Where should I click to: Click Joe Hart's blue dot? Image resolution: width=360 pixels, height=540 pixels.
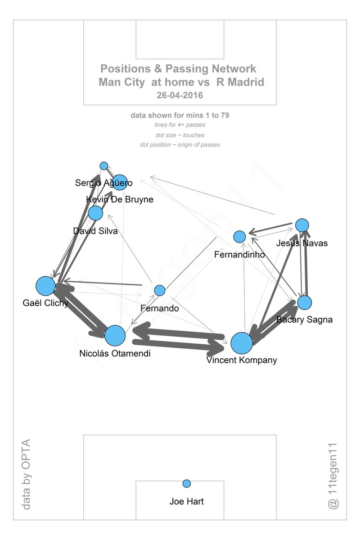tap(187, 483)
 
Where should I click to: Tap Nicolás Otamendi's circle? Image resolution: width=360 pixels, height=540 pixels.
tap(115, 335)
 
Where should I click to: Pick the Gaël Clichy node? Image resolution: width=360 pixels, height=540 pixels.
tap(45, 286)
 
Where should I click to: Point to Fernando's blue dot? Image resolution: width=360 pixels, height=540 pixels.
tap(160, 290)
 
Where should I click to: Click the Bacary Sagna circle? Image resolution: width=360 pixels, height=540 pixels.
tap(304, 302)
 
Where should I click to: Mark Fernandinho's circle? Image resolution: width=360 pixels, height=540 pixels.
tap(239, 236)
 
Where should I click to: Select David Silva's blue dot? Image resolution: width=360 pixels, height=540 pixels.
tap(95, 213)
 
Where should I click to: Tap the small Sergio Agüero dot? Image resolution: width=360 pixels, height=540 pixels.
tap(104, 166)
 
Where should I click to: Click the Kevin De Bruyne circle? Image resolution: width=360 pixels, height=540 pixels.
tap(120, 182)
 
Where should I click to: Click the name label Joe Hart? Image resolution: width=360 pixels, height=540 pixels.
tap(187, 501)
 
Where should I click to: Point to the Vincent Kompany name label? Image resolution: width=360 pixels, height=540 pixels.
tap(242, 360)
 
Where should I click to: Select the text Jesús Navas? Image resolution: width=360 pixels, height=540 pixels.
tap(302, 243)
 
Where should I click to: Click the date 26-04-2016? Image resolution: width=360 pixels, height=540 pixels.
tap(180, 95)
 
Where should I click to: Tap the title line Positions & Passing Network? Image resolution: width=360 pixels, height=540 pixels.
tap(178, 69)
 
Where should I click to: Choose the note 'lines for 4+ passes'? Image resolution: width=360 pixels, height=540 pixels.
tap(180, 125)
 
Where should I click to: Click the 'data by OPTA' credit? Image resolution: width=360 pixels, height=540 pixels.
tap(27, 474)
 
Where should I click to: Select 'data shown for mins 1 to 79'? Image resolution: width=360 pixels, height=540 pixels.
tap(180, 116)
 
